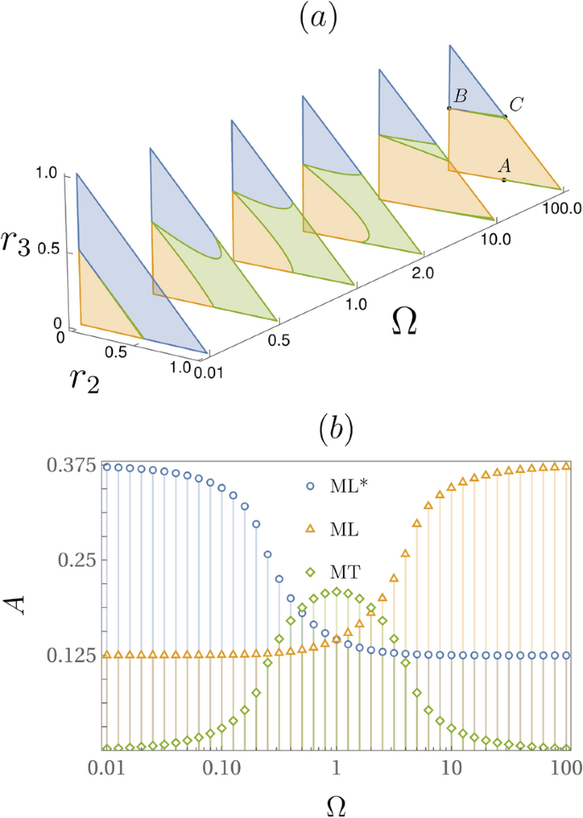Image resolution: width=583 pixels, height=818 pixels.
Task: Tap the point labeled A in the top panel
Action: [x=504, y=180]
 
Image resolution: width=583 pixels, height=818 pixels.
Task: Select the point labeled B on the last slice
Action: [x=449, y=108]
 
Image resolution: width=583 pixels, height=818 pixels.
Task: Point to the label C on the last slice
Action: [x=516, y=104]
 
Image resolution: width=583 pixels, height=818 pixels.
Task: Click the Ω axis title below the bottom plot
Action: [x=334, y=802]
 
